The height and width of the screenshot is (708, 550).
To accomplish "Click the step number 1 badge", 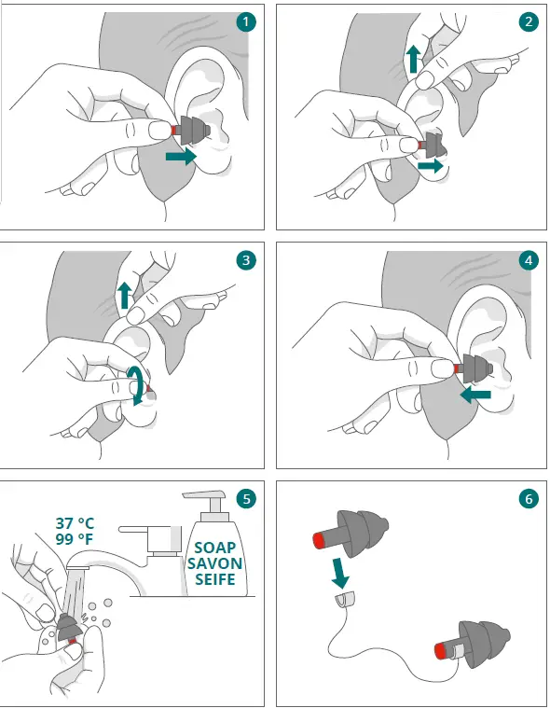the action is point(246,21).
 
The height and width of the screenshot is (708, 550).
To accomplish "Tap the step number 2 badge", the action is point(529,21).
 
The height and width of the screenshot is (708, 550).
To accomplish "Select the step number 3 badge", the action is point(246,260).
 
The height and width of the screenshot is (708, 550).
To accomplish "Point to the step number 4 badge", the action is point(529,260).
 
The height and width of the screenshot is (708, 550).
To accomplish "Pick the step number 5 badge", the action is point(247,499).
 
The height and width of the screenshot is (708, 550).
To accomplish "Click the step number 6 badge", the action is point(529,499).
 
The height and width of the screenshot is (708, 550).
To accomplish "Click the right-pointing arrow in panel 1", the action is point(182,157).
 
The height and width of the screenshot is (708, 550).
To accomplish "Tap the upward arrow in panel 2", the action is point(413,59).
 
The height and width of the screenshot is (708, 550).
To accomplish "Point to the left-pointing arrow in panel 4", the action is point(475,396).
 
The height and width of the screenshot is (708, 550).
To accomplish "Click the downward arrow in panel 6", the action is point(341,574).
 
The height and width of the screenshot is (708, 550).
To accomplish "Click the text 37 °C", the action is point(75,523).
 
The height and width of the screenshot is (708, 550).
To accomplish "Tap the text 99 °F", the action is point(75,538).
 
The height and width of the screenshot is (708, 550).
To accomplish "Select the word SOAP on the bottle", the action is point(215,548).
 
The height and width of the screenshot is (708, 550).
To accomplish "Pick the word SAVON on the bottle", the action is point(215,563).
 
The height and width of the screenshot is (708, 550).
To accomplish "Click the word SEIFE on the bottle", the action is point(215,579).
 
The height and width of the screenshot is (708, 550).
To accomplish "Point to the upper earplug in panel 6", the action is point(351,533).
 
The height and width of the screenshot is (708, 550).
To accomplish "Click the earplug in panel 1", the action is point(191,130).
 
